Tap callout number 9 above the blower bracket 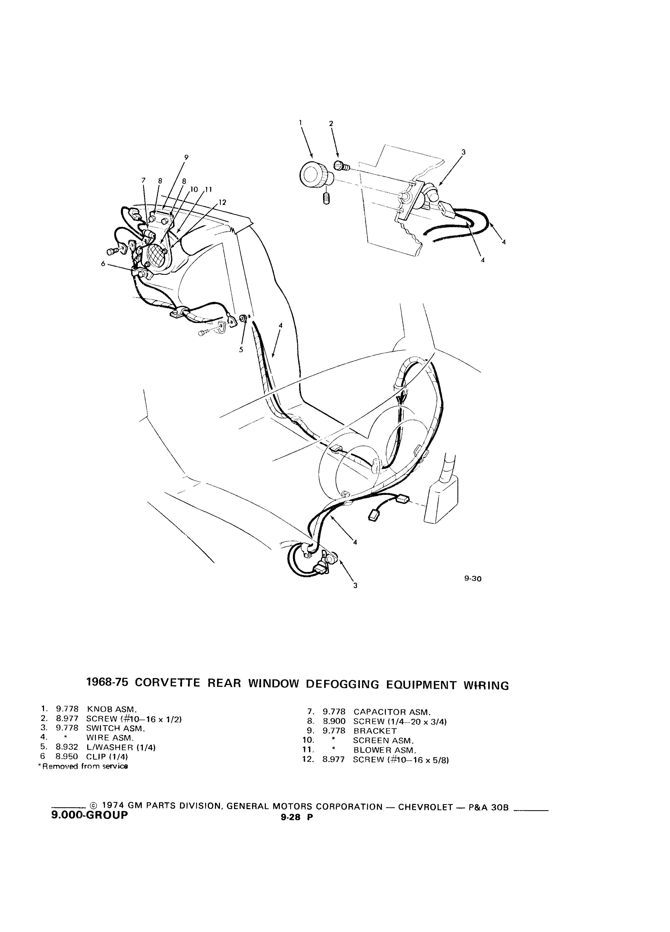pos(186,157)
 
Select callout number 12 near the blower pos(223,203)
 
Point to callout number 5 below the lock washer pos(241,350)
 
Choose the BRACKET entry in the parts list pos(375,731)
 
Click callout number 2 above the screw pos(331,123)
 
